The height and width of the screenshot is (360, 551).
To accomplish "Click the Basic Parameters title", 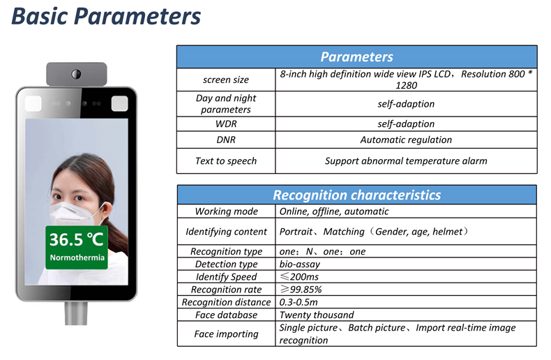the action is click(x=106, y=16).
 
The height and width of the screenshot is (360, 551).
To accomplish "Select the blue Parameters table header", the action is click(x=356, y=57).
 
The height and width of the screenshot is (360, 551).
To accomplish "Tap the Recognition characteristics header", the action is click(x=356, y=195).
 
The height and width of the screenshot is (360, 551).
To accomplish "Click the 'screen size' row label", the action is click(x=225, y=80).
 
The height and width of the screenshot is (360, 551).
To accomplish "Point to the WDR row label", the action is click(x=225, y=123).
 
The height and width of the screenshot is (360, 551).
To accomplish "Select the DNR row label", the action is click(x=225, y=140).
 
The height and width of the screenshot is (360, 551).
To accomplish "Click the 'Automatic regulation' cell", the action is click(x=406, y=140).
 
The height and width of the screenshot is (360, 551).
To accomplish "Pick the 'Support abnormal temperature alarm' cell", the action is click(x=406, y=160).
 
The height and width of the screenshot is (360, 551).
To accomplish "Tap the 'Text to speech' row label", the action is click(x=225, y=160).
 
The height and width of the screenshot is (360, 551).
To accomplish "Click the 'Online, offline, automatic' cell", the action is click(x=334, y=211).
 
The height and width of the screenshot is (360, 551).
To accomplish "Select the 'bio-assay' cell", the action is click(x=299, y=264).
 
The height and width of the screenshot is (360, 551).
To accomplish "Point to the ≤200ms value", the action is click(x=299, y=277).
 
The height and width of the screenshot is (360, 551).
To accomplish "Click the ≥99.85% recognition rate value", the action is click(x=301, y=290).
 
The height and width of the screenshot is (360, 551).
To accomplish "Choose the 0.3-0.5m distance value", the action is click(x=299, y=302).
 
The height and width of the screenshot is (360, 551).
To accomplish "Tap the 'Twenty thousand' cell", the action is click(x=316, y=315).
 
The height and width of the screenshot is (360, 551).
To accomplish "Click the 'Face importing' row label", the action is click(x=226, y=333).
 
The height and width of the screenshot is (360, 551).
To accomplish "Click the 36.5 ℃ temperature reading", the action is click(x=76, y=239).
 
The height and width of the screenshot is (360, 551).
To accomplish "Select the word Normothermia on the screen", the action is click(x=77, y=257).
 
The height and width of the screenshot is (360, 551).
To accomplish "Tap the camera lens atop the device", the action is click(x=76, y=74).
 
